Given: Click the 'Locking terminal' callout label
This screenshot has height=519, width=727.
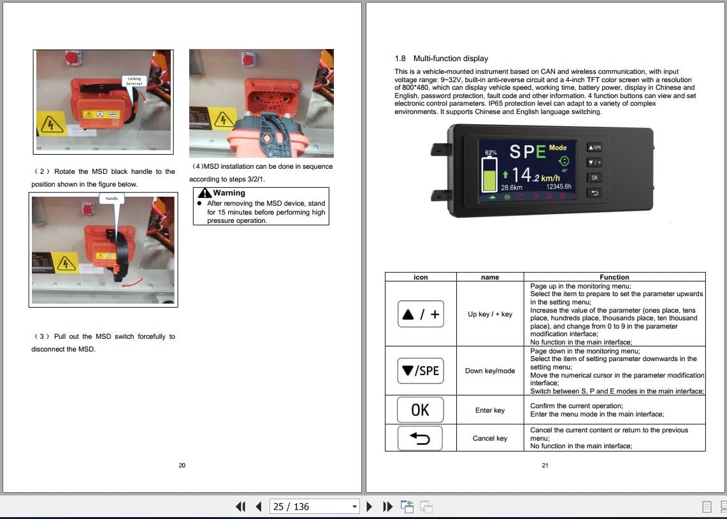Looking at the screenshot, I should pos(134,81).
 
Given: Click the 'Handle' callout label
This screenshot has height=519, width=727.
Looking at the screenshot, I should pos(112,199).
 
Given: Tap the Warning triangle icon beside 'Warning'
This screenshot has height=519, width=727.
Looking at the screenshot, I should pos(204,193).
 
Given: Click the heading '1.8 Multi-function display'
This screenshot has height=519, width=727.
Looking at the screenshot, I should pos(442,59).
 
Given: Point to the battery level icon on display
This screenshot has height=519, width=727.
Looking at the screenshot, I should pos(491,175).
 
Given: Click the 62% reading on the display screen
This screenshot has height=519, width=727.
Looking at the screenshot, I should pos(491,153).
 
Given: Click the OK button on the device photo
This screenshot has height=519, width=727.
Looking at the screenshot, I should pos(594,178).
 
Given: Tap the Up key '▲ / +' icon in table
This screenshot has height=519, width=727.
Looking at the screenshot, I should pos(421,314).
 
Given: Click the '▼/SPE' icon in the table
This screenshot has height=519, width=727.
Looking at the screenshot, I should pos(421,371).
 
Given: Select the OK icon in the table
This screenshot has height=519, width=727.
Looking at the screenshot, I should pos(421,410).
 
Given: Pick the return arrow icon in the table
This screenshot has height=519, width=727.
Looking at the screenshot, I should pos(421,438).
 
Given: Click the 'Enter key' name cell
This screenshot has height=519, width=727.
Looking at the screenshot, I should pos(489,410).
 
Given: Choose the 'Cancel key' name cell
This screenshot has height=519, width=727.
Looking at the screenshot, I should pos(489,438).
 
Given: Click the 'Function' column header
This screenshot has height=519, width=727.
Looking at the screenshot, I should pos(614,277).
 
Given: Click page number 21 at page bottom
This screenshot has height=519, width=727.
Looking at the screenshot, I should pos(545,466).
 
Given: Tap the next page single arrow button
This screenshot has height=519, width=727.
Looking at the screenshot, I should pos(369,507).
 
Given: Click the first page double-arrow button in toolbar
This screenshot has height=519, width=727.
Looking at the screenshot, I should pos(240,507).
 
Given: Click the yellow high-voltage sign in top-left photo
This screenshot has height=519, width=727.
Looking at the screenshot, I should pos(52,123).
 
